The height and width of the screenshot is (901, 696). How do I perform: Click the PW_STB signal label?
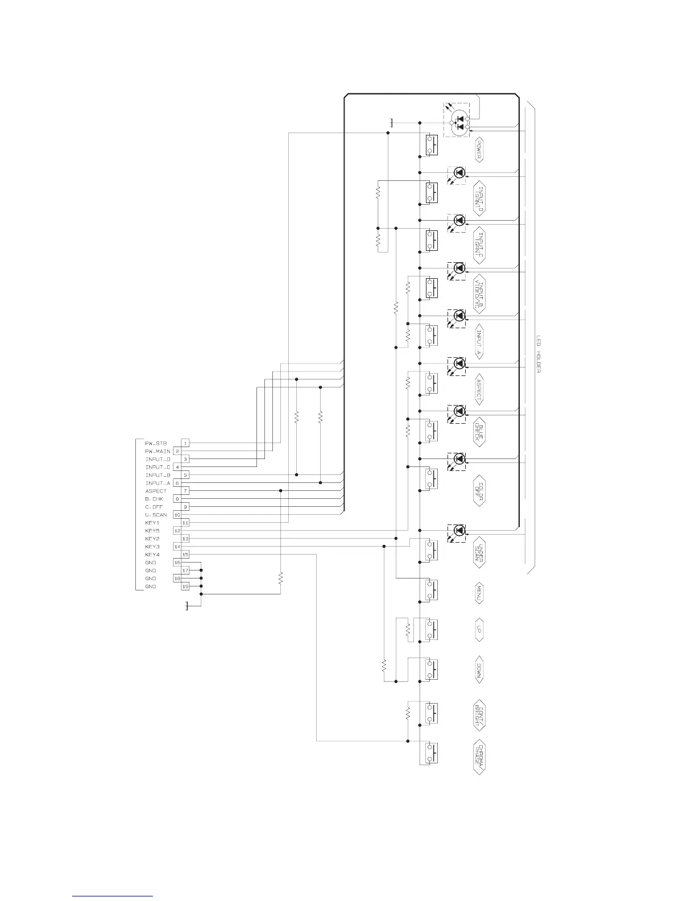pyautogui.click(x=155, y=443)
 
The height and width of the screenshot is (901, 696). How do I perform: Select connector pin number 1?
pyautogui.click(x=185, y=443)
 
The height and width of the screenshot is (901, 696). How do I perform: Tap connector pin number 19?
pyautogui.click(x=185, y=586)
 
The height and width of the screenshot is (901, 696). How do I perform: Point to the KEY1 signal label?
pyautogui.click(x=152, y=523)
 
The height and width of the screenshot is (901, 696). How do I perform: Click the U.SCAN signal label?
pyautogui.click(x=156, y=515)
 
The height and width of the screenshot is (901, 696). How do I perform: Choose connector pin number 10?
pyautogui.click(x=177, y=515)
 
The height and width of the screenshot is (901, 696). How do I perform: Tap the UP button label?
pyautogui.click(x=479, y=630)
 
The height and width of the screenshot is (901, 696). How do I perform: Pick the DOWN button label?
pyautogui.click(x=479, y=670)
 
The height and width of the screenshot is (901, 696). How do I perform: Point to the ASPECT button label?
pyautogui.click(x=479, y=389)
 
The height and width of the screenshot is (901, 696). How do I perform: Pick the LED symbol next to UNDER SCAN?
pyautogui.click(x=458, y=531)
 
